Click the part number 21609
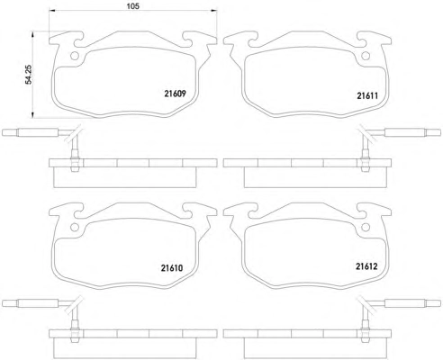pyautogui.click(x=176, y=94)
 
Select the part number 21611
pyautogui.click(x=367, y=95)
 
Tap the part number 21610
pyautogui.click(x=172, y=267)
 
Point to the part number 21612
pyautogui.click(x=366, y=266)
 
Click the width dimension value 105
pyautogui.click(x=132, y=5)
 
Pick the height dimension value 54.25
pyautogui.click(x=29, y=74)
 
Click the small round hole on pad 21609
pyautogui.click(x=75, y=56)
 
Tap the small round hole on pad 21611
pyautogui.click(x=366, y=56)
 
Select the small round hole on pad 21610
pyautogui.click(x=75, y=227)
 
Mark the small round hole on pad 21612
pyautogui.click(x=366, y=227)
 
